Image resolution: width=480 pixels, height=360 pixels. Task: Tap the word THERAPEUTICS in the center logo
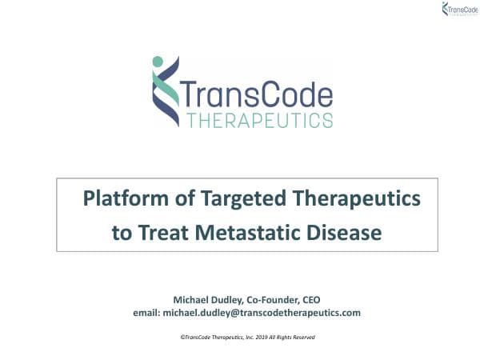258,121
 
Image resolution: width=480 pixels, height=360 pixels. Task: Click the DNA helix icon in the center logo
166,92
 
